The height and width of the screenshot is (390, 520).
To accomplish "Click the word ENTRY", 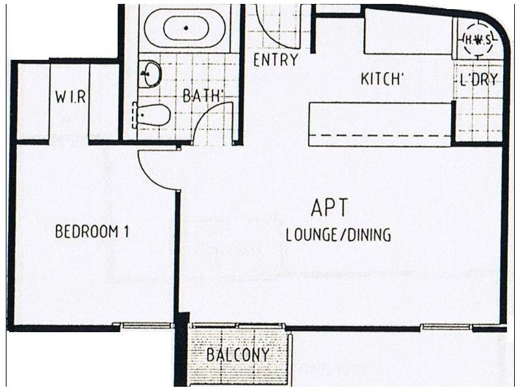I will click(x=276, y=60).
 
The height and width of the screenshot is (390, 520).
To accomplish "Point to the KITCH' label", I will click(x=383, y=80).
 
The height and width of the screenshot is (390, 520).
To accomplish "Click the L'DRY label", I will click(x=478, y=81).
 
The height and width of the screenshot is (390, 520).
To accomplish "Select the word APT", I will click(x=330, y=209).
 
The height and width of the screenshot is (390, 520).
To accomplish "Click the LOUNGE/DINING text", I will click(x=339, y=235).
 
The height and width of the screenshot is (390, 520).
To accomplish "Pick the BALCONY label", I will click(x=238, y=356).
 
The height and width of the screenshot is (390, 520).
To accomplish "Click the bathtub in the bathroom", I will click(x=186, y=29).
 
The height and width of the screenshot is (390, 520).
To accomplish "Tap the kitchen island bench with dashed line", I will click(x=380, y=123).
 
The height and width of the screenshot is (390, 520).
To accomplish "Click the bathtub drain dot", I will click(x=186, y=29).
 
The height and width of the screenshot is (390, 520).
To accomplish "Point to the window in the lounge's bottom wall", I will click(x=445, y=327).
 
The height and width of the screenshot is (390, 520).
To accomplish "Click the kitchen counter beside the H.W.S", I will click(x=406, y=39).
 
